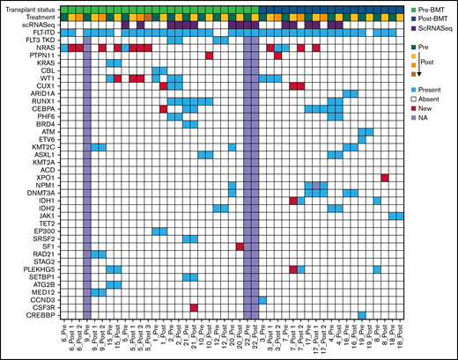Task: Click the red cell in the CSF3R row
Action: [194, 307]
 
